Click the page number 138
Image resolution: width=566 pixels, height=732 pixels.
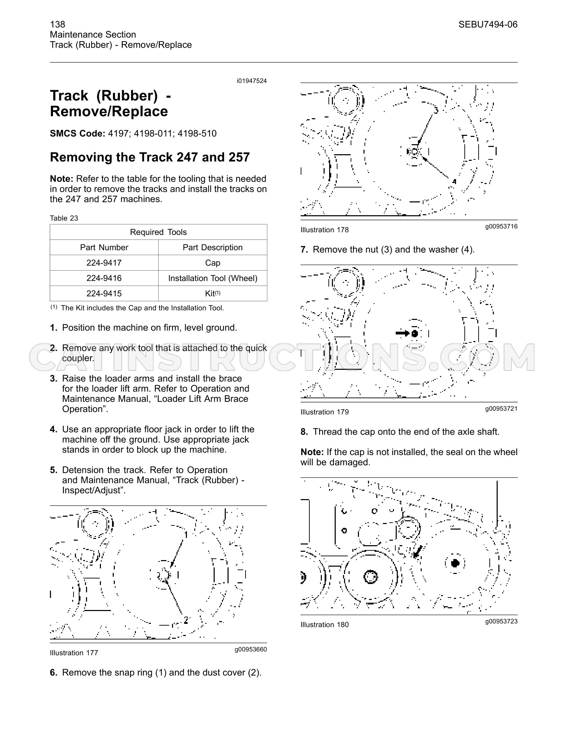pyautogui.click(x=58, y=24)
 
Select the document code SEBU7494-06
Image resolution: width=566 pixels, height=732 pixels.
pyautogui.click(x=488, y=24)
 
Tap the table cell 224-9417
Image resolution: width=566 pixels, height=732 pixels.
pyautogui.click(x=104, y=263)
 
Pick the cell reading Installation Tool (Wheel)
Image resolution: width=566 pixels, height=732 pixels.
pyautogui.click(x=213, y=278)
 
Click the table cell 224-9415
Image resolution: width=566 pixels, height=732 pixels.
pyautogui.click(x=104, y=294)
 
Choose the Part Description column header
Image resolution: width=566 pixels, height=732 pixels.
pyautogui.click(x=213, y=247)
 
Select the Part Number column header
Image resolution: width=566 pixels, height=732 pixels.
pyautogui.click(x=104, y=247)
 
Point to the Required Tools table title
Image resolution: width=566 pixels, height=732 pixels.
pyautogui.click(x=158, y=232)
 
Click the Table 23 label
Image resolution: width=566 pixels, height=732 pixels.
pyautogui.click(x=64, y=218)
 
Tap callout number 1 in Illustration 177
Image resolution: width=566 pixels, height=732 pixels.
pyautogui.click(x=186, y=534)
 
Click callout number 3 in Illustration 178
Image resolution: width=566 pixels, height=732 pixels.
pyautogui.click(x=436, y=111)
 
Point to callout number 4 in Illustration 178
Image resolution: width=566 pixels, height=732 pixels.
pyautogui.click(x=454, y=182)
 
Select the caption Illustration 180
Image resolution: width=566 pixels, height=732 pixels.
pyautogui.click(x=325, y=625)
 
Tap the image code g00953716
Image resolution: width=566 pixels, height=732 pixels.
pyautogui.click(x=501, y=226)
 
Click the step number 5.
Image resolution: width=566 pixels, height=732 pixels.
pyautogui.click(x=53, y=470)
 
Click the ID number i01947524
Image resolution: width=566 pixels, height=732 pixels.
pyautogui.click(x=252, y=81)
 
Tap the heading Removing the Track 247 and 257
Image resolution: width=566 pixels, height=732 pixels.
pyautogui.click(x=150, y=157)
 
